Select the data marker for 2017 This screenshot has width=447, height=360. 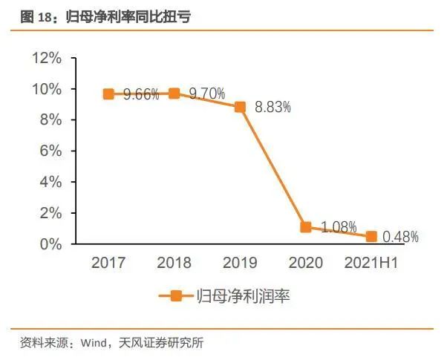108,94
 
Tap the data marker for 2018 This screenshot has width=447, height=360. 174,94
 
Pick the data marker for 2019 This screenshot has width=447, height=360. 240,107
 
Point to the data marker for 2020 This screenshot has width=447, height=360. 306,227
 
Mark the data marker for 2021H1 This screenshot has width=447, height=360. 371,237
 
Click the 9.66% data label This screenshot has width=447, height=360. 141,94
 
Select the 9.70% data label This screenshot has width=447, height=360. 207,94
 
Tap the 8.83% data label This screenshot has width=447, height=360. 273,107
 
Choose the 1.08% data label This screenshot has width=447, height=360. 339,226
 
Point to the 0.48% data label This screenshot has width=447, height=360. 401,238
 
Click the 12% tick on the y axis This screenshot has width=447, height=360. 46,58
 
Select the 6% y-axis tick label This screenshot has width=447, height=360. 50,151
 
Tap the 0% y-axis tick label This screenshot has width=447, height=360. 50,244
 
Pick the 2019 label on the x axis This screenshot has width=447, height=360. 240,263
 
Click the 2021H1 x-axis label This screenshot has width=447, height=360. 371,263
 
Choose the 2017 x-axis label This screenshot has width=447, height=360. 108,263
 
